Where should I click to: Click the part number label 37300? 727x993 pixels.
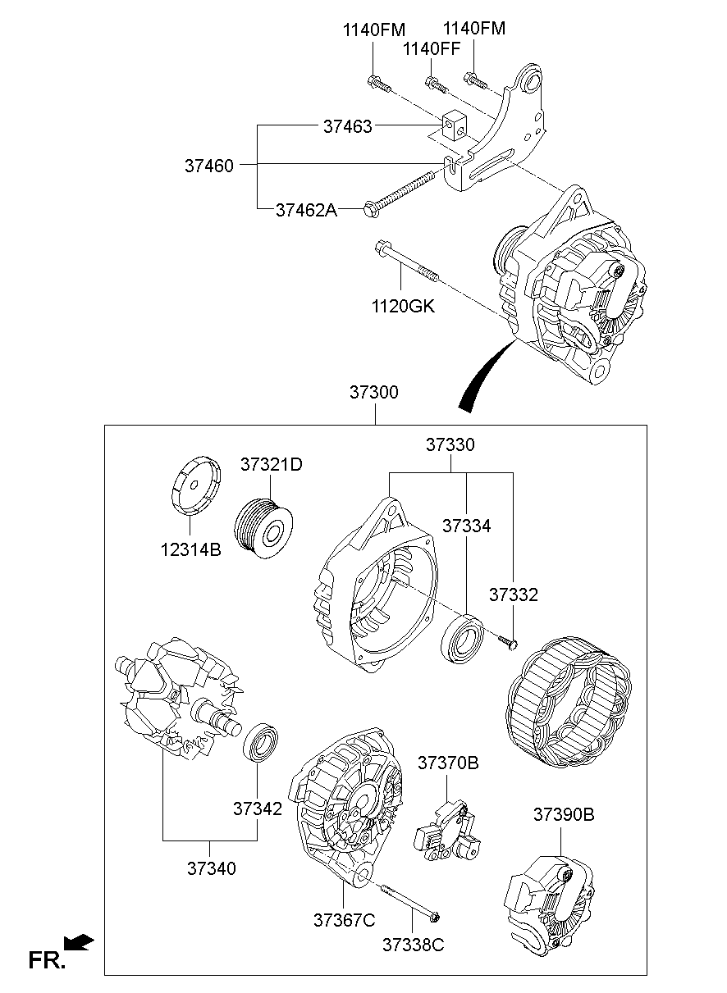point(374,393)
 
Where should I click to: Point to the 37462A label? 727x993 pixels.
point(306,210)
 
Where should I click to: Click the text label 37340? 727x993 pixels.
point(211,868)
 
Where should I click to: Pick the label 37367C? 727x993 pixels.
point(344,920)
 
